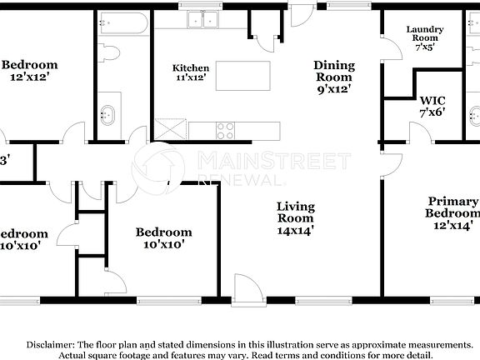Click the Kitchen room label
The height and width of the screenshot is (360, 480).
190,67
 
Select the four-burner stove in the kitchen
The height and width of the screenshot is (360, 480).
225,130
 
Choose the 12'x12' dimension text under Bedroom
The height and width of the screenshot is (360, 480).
29,78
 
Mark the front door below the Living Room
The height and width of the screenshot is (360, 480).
246,290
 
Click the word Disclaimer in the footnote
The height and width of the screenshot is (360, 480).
50,344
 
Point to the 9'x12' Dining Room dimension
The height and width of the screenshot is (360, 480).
333,88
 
